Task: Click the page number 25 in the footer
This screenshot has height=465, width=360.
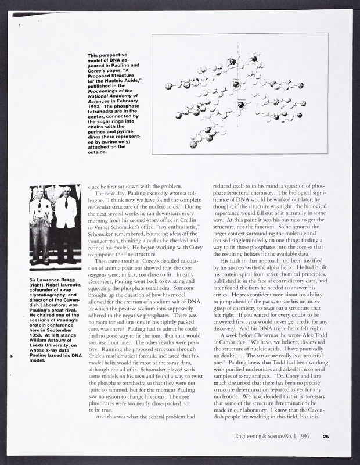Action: click(x=326, y=438)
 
